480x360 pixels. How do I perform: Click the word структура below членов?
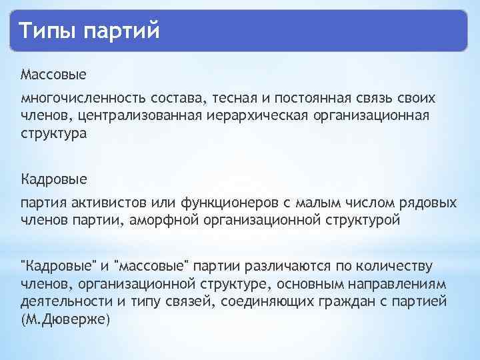[53, 133]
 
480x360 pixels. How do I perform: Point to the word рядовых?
[427, 203]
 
